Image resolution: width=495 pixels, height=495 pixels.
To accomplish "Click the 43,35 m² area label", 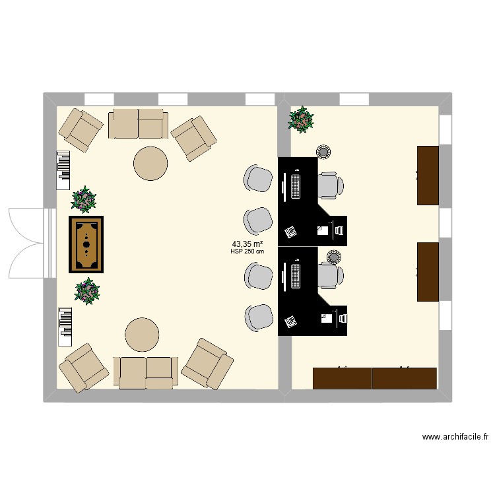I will [x=247, y=244].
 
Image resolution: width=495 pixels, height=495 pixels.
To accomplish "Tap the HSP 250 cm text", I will [x=247, y=251].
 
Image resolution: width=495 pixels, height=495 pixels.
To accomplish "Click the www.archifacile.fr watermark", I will [x=455, y=437].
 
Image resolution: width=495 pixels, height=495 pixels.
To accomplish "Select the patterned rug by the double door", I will [x=87, y=244].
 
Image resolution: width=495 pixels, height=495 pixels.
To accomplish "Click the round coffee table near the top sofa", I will [x=150, y=163].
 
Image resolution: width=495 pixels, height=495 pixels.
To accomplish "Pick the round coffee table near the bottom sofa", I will [x=142, y=335].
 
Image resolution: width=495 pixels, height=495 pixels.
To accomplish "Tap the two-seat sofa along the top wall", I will [x=139, y=123].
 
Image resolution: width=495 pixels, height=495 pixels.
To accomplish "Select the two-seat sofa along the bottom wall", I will [x=146, y=372].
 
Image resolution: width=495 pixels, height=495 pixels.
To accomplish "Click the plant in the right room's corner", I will [x=301, y=119].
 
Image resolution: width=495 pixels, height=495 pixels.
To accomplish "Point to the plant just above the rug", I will [x=84, y=199].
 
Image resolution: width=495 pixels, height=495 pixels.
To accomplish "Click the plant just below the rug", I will [x=86, y=291].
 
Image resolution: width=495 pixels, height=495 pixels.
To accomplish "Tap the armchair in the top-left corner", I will [x=81, y=129].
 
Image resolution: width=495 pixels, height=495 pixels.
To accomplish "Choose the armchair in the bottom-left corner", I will [x=84, y=366].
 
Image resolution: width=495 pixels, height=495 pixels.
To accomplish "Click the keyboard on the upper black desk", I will [x=295, y=184].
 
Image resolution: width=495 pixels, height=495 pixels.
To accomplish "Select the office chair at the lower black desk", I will [x=329, y=275].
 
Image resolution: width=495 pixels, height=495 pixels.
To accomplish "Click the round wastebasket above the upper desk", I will [x=323, y=152].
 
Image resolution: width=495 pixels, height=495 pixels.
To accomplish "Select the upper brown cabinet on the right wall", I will [x=428, y=175].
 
